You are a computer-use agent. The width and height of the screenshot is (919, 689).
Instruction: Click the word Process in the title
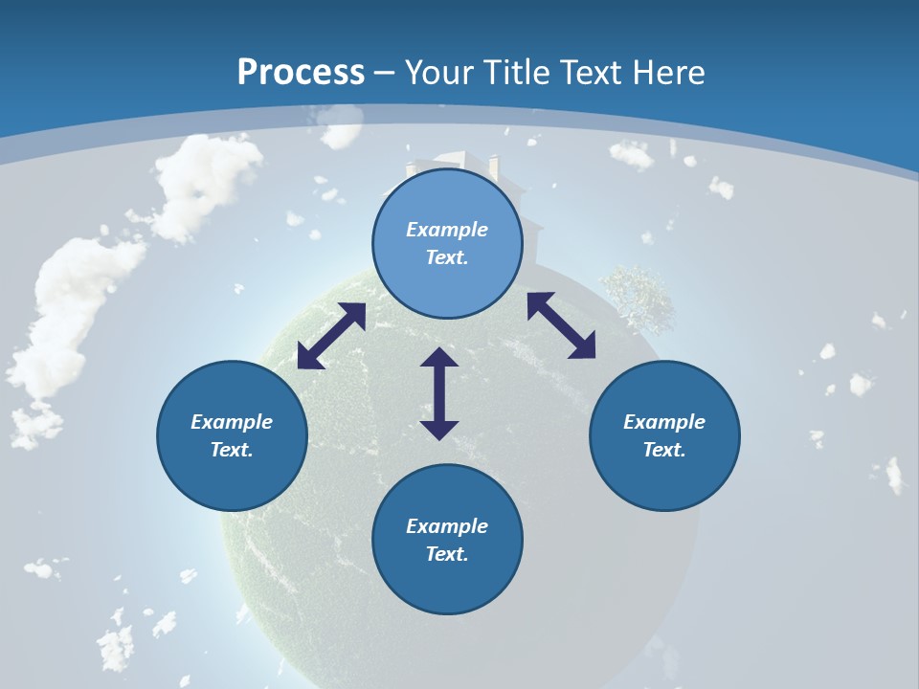pyautogui.click(x=301, y=73)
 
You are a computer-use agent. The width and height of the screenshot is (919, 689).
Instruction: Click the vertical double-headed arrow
pyautogui.click(x=439, y=393)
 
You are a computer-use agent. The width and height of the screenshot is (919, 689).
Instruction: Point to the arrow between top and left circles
pyautogui.click(x=331, y=336)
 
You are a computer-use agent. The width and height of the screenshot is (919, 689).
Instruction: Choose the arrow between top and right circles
pyautogui.click(x=561, y=325)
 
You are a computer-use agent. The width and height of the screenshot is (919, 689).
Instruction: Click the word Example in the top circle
pyautogui.click(x=447, y=230)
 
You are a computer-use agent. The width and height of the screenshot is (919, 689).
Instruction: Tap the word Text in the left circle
pyautogui.click(x=232, y=450)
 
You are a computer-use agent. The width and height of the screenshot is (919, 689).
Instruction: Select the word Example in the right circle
pyautogui.click(x=664, y=422)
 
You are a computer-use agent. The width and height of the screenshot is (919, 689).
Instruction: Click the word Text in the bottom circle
pyautogui.click(x=447, y=554)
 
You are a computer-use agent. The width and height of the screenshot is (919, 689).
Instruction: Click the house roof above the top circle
pyautogui.click(x=450, y=160)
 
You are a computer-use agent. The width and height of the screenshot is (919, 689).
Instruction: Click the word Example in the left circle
pyautogui.click(x=232, y=422)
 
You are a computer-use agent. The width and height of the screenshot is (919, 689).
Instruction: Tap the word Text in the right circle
pyautogui.click(x=664, y=450)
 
